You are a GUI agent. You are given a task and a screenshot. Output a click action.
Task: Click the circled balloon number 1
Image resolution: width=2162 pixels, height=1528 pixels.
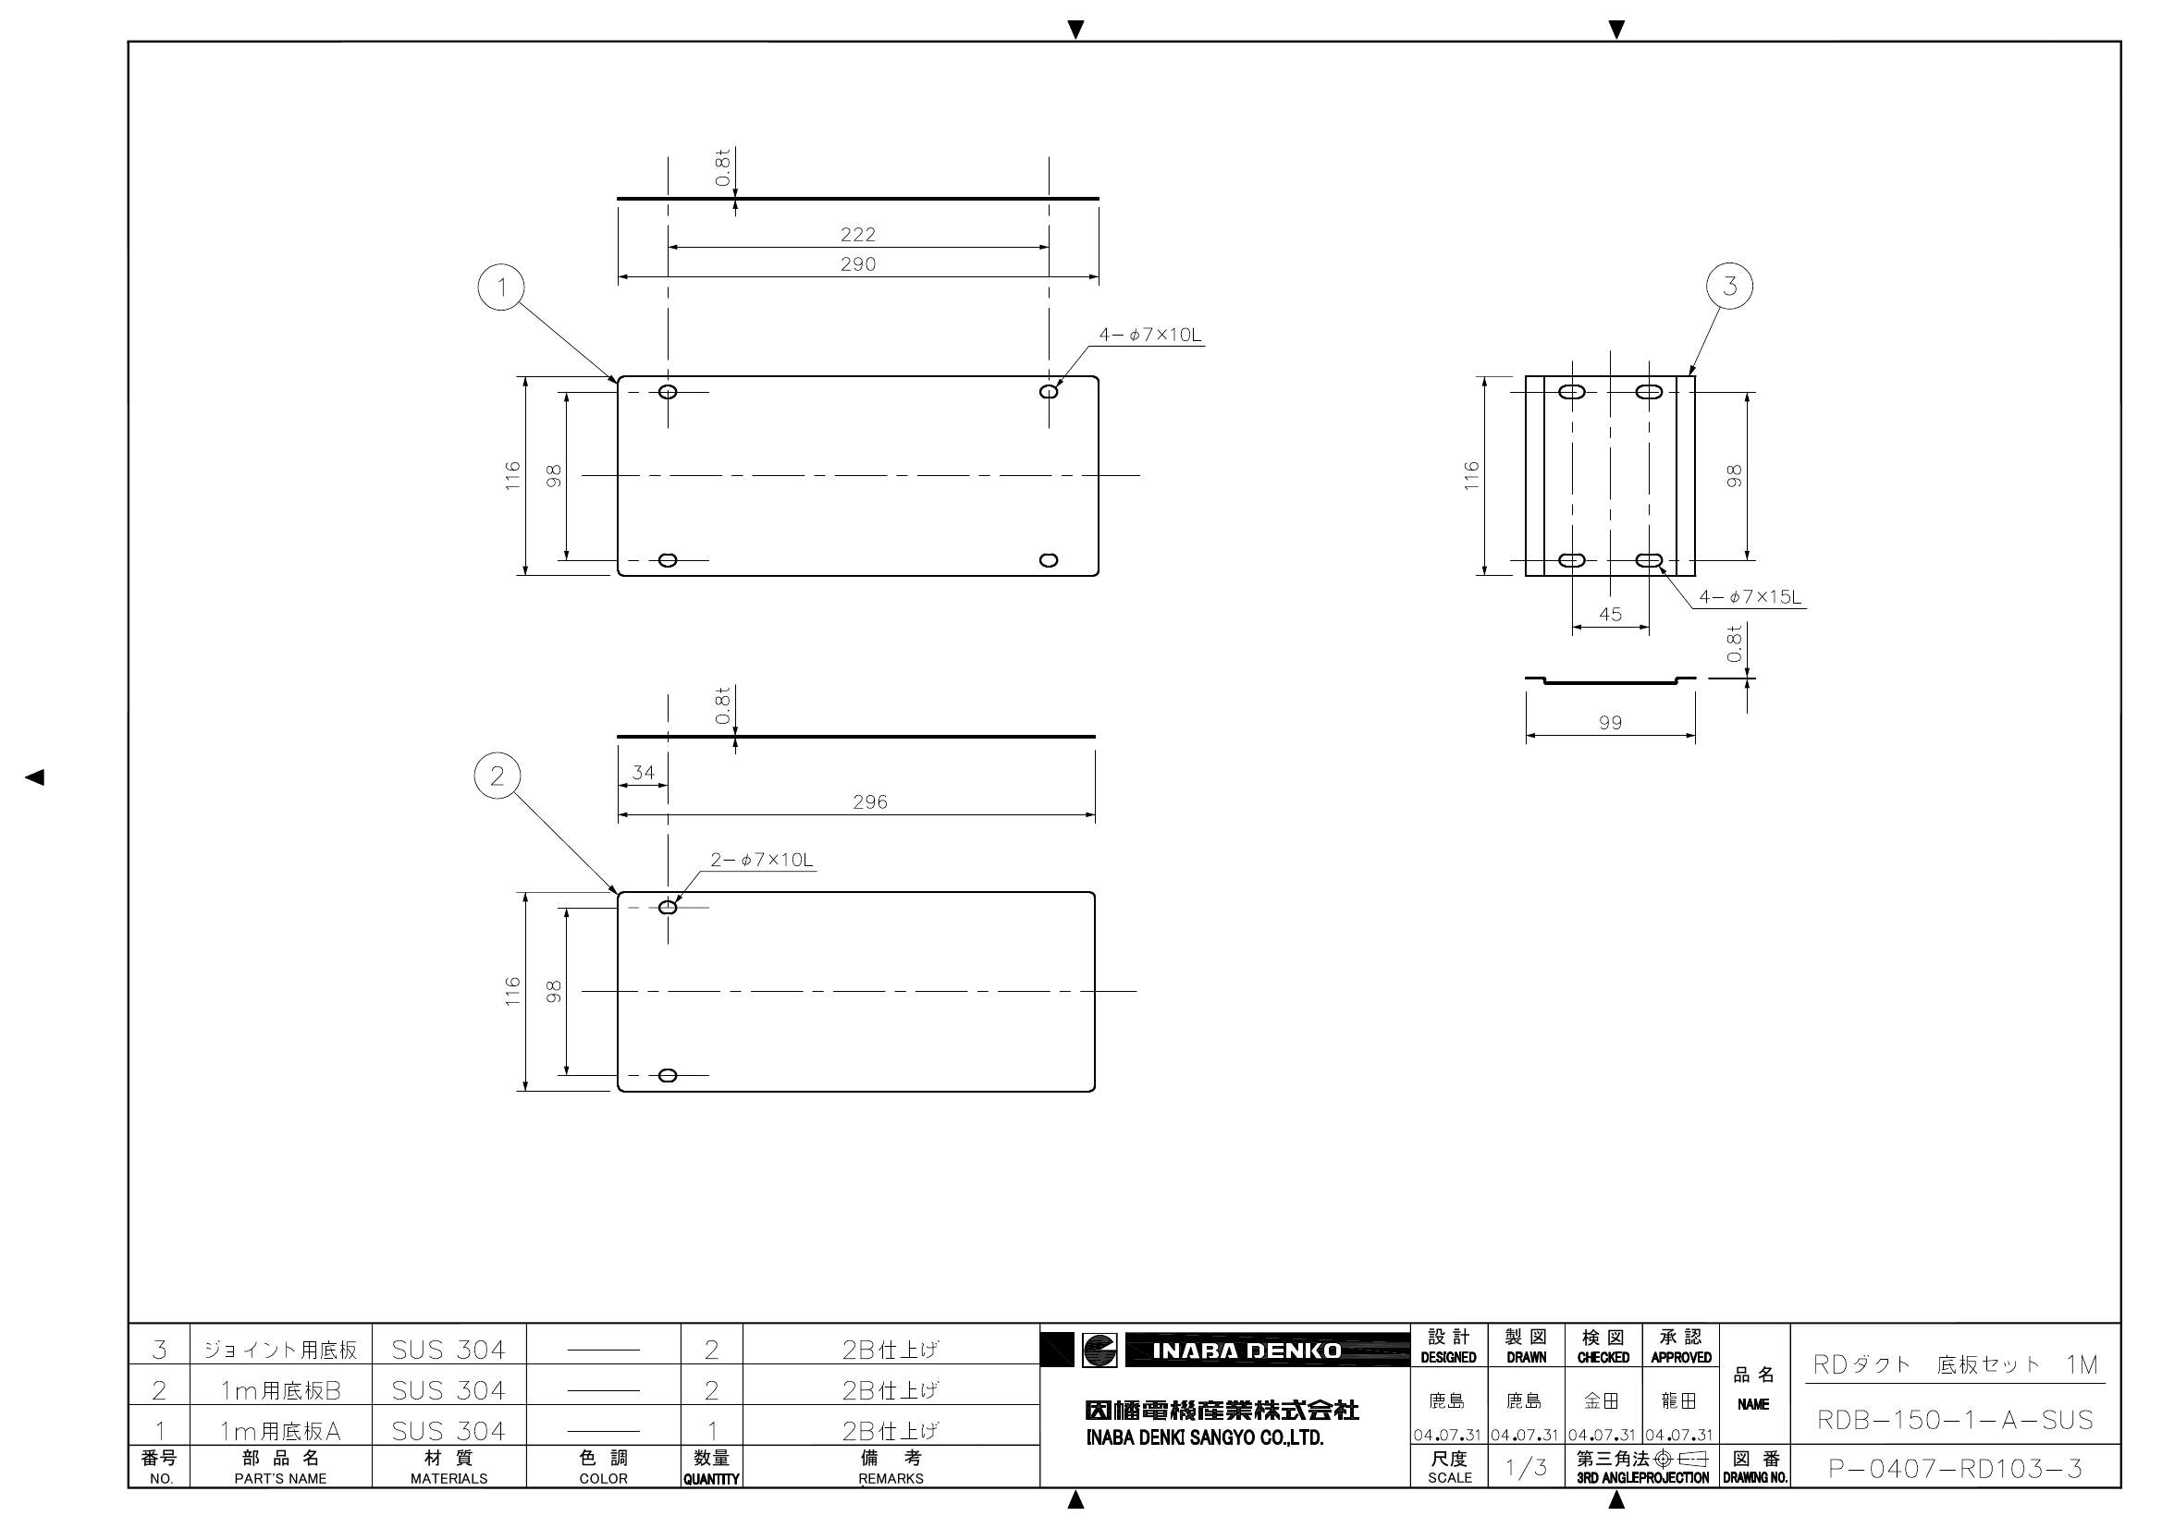(502, 287)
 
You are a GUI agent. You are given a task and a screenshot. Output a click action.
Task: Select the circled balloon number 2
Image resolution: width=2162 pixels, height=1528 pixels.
(498, 776)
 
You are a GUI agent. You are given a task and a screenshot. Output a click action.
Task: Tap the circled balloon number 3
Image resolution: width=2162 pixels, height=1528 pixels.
(1730, 286)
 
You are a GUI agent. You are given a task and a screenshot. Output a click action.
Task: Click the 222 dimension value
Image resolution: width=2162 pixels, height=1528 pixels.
(858, 235)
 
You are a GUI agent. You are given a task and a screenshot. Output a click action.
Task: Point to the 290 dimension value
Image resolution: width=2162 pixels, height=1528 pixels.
(858, 264)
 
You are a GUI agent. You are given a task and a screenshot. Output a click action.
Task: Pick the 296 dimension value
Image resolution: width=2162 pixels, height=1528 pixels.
(870, 802)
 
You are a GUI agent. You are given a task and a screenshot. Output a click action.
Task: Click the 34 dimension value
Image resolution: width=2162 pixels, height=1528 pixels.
(643, 773)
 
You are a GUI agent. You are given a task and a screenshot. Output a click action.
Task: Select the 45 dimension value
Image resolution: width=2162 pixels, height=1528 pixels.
(1610, 615)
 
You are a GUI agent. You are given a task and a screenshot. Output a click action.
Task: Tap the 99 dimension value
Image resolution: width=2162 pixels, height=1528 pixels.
(1610, 723)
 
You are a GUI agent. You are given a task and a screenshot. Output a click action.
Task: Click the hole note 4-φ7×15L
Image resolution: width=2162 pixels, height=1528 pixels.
(1750, 597)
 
